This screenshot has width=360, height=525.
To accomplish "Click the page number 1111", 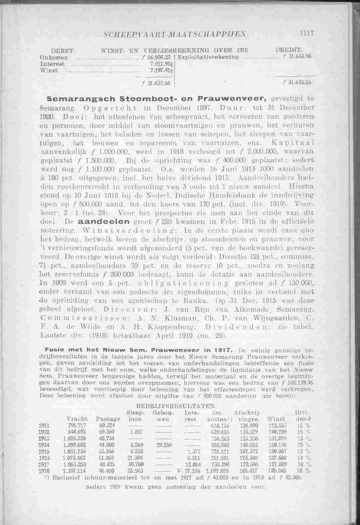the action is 307,33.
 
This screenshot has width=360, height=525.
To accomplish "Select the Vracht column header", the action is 77,419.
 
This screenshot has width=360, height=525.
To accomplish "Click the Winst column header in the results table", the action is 273,419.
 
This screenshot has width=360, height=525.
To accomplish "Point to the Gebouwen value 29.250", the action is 161,445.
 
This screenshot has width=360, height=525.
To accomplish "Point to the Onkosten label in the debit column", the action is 50,57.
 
